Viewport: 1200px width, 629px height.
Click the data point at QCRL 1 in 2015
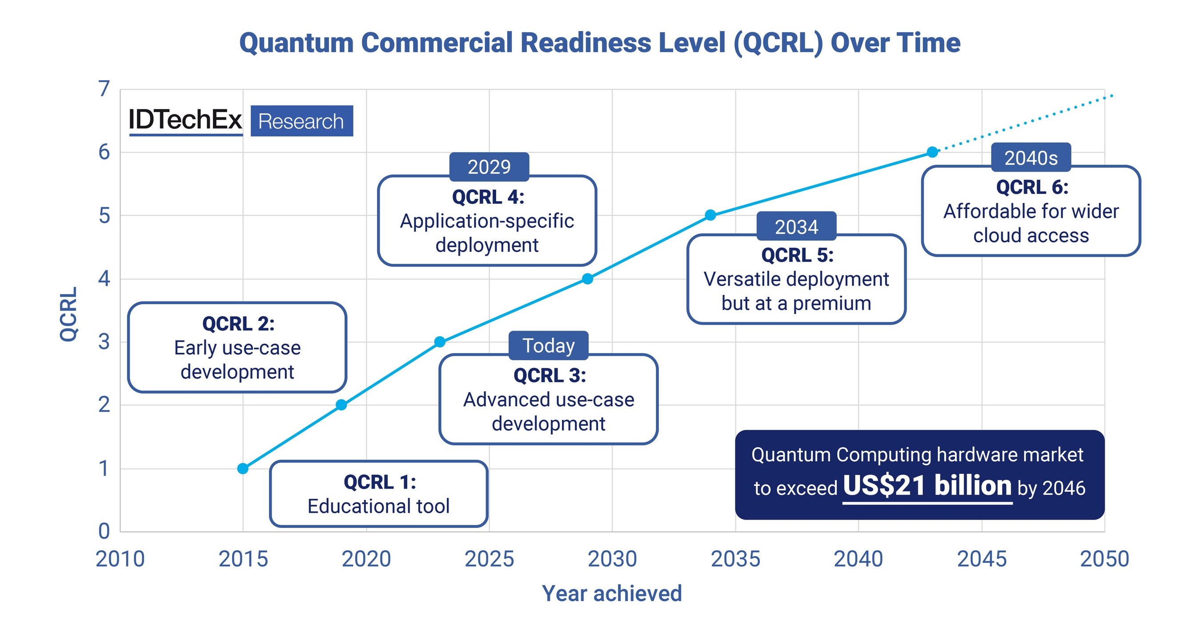243,468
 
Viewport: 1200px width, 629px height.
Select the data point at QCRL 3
439,342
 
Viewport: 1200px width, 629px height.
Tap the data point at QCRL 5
710,215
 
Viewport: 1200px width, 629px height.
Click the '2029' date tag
489,167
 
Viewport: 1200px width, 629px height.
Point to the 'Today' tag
548,346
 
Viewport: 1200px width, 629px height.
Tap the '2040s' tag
1031,157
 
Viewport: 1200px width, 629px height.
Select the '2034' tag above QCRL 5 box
796,226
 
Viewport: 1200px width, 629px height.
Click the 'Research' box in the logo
301,121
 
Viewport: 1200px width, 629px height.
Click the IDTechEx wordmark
185,120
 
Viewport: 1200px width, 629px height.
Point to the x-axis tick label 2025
489,559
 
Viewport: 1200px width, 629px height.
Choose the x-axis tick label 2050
1104,559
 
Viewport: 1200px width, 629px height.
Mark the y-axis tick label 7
104,89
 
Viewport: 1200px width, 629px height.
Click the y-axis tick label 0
104,531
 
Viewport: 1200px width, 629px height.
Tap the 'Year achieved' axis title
612,593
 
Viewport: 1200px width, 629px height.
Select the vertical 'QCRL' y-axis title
68,314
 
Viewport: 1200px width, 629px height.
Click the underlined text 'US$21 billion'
927,485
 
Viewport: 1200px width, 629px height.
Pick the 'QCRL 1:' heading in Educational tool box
379,482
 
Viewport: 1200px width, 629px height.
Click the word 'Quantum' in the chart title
296,43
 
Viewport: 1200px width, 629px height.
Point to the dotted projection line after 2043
1025,123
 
